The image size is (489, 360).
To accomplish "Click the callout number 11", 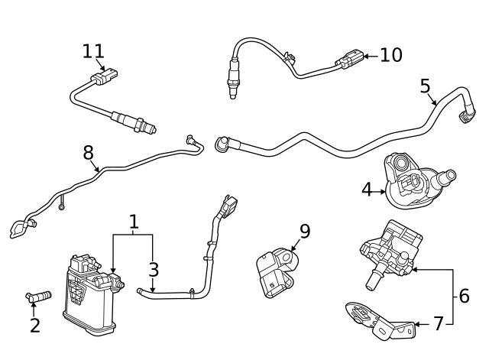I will [x=93, y=51].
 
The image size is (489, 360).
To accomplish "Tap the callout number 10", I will [x=390, y=55].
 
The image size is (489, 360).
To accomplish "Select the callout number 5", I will [x=426, y=85].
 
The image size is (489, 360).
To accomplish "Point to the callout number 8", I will [x=88, y=153].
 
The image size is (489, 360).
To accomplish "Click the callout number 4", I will [x=368, y=189].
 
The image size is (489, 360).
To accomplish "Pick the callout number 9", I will [x=304, y=231].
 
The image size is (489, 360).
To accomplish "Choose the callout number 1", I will [x=134, y=222].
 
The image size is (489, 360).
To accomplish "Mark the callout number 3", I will [x=154, y=269].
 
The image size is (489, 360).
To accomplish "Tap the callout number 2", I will [x=35, y=325].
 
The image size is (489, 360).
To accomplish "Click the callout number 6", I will [x=464, y=296].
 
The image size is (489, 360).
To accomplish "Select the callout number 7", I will [x=438, y=324].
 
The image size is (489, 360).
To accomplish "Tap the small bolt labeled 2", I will [x=38, y=295].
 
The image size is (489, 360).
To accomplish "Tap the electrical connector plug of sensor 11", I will [x=102, y=77].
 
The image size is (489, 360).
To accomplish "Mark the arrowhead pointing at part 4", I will [x=385, y=189].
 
